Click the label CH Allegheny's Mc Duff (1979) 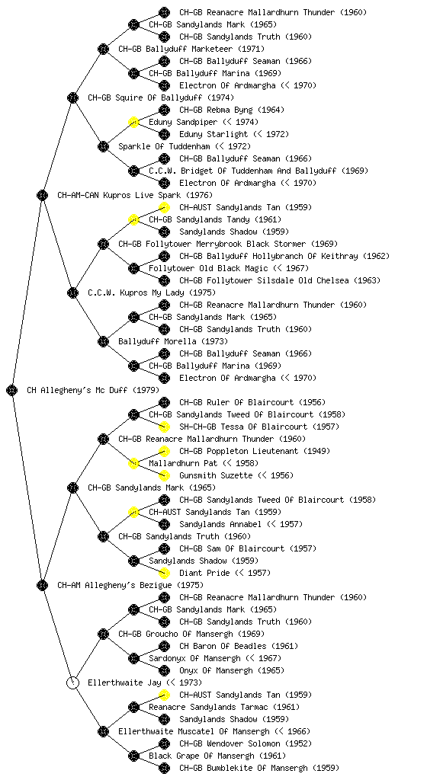point(93,391)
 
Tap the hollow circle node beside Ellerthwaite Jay point(72,682)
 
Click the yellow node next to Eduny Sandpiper point(133,122)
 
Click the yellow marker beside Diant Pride point(164,573)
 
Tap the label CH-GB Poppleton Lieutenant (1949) point(255,451)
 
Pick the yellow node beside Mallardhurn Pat point(133,464)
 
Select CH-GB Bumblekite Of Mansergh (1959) point(259,768)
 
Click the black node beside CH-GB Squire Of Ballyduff point(72,97)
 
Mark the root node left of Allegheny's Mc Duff point(12,391)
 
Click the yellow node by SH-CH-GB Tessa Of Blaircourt point(164,427)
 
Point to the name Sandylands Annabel point(220,524)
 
